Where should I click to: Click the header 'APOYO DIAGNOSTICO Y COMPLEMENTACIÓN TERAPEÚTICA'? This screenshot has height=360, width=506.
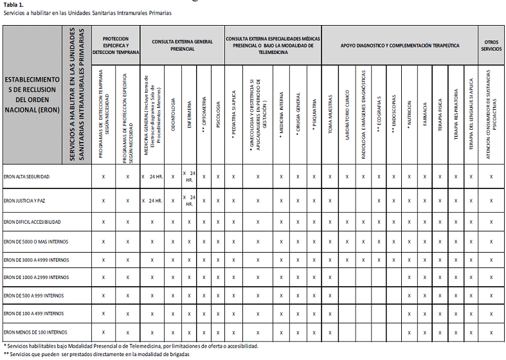click(x=400, y=45)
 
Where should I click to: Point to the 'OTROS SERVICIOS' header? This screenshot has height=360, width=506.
click(x=491, y=45)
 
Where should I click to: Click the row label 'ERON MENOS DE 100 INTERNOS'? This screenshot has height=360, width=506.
click(x=35, y=332)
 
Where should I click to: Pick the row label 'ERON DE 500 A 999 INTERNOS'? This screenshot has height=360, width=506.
click(x=35, y=296)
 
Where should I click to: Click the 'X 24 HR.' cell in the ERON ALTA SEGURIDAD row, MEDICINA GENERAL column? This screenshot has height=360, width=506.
click(x=152, y=176)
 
